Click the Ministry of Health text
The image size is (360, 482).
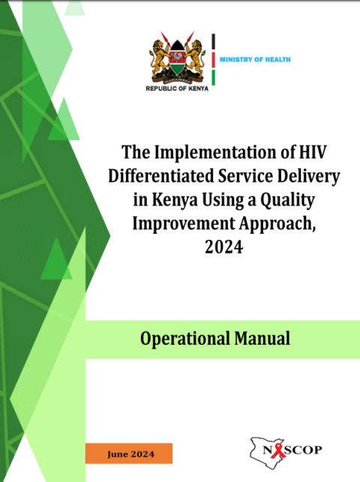pyautogui.click(x=255, y=60)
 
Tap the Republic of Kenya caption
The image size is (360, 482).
pyautogui.click(x=177, y=88)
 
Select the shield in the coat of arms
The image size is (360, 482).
pyautogui.click(x=177, y=58)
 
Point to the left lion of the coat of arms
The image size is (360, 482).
pyautogui.click(x=159, y=58)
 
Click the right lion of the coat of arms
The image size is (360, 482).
pyautogui.click(x=195, y=58)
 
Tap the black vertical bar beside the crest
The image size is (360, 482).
pyautogui.click(x=213, y=41)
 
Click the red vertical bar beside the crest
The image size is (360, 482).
pyautogui.click(x=213, y=60)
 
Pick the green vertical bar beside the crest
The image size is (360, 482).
pyautogui.click(x=213, y=77)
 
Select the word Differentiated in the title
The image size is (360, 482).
pyautogui.click(x=161, y=176)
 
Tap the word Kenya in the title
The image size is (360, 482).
pyautogui.click(x=175, y=200)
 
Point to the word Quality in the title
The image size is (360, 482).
pyautogui.click(x=288, y=200)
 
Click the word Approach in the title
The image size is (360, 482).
pyautogui.click(x=277, y=224)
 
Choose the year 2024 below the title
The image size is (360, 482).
pyautogui.click(x=224, y=247)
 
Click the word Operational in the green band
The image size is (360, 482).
pyautogui.click(x=185, y=339)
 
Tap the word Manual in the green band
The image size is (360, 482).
pyautogui.click(x=262, y=338)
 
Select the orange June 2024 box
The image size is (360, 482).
pyautogui.click(x=129, y=454)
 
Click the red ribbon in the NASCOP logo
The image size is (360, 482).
pyautogui.click(x=278, y=451)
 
